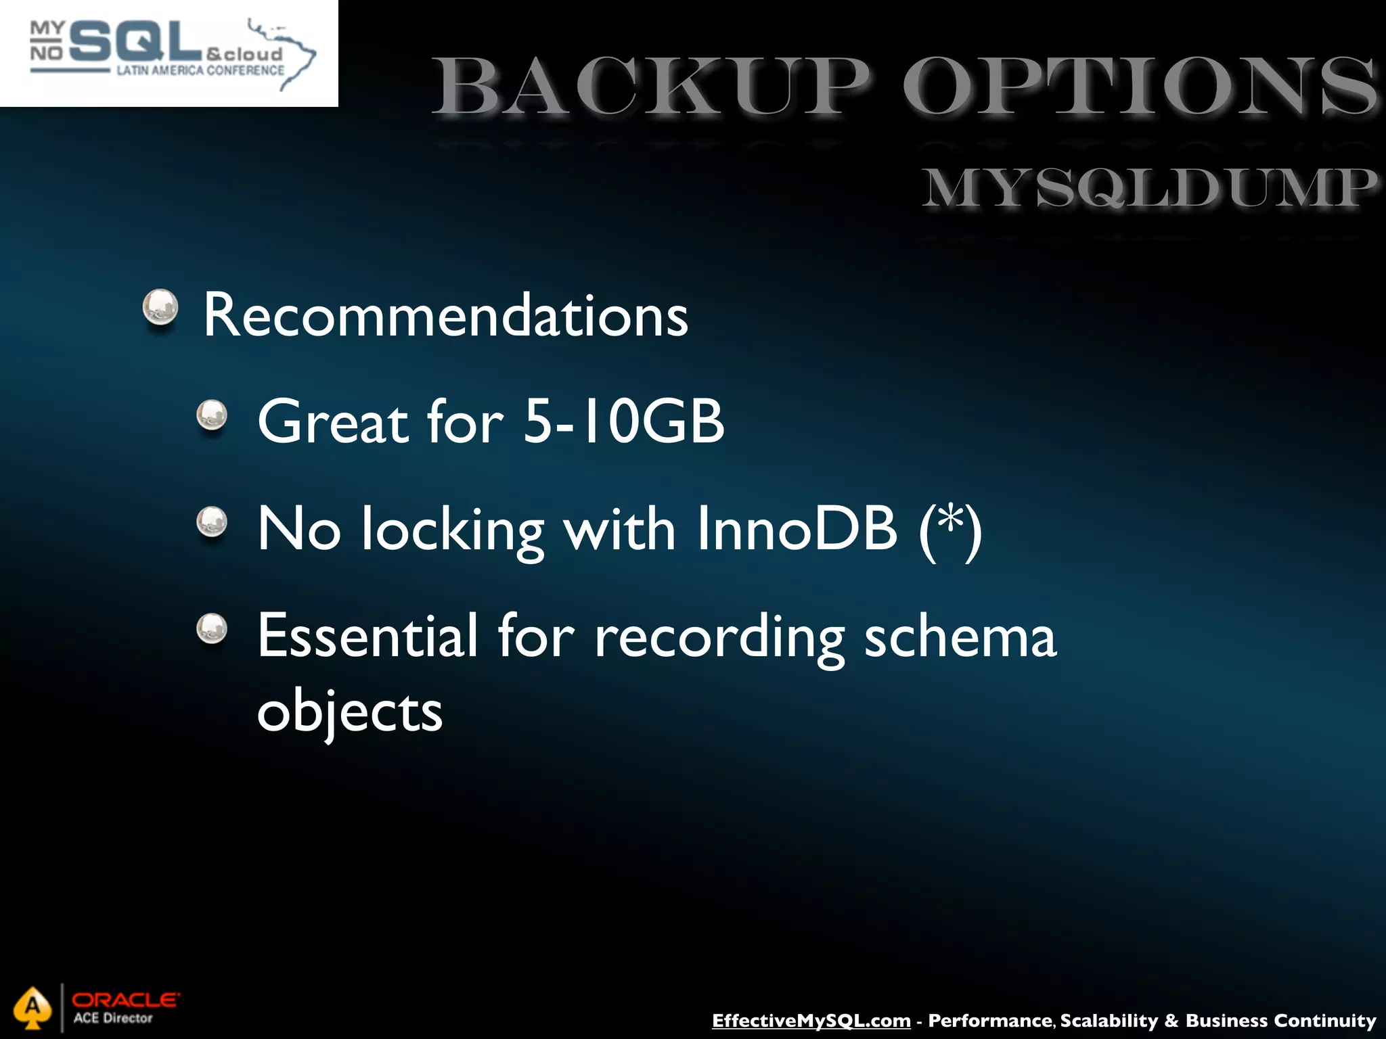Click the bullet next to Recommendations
coord(160,308)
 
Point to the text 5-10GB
coord(623,422)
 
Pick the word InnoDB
coord(797,529)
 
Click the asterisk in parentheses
coord(951,521)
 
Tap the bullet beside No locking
coord(212,522)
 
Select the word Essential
coord(367,636)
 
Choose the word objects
coord(349,712)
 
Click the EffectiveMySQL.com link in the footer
coord(811,1020)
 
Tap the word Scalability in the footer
coord(1109,1020)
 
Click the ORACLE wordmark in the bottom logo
coord(126,999)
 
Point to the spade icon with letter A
coord(32,1007)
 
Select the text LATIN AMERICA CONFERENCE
coord(200,70)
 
